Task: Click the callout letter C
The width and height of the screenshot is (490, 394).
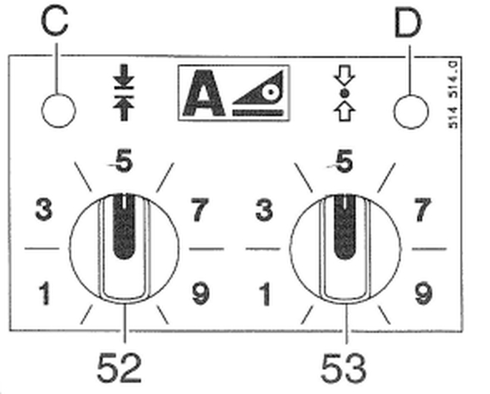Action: pyautogui.click(x=54, y=22)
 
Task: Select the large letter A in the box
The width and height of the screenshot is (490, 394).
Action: pyautogui.click(x=204, y=93)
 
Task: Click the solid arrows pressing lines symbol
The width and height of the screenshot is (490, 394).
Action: pyautogui.click(x=124, y=92)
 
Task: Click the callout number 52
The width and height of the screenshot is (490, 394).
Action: pyautogui.click(x=119, y=367)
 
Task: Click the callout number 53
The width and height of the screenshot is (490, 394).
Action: pyautogui.click(x=343, y=368)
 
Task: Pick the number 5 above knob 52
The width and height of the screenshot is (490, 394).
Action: pyautogui.click(x=124, y=160)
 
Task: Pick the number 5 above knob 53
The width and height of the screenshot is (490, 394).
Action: pyautogui.click(x=344, y=160)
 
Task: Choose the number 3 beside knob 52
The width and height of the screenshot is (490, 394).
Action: pyautogui.click(x=44, y=209)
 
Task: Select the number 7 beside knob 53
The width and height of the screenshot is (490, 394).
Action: pyautogui.click(x=422, y=209)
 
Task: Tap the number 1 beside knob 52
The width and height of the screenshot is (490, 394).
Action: pyautogui.click(x=46, y=293)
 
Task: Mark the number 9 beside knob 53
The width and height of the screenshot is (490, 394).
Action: pyautogui.click(x=424, y=293)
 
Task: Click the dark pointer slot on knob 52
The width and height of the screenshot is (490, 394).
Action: pyautogui.click(x=124, y=226)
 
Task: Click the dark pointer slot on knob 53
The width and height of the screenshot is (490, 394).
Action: pyautogui.click(x=345, y=226)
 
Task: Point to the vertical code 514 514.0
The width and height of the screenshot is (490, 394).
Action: pyautogui.click(x=453, y=95)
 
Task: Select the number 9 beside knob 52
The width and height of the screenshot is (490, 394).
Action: pyautogui.click(x=200, y=293)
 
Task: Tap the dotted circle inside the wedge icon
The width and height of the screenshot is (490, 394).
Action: pyautogui.click(x=271, y=92)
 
